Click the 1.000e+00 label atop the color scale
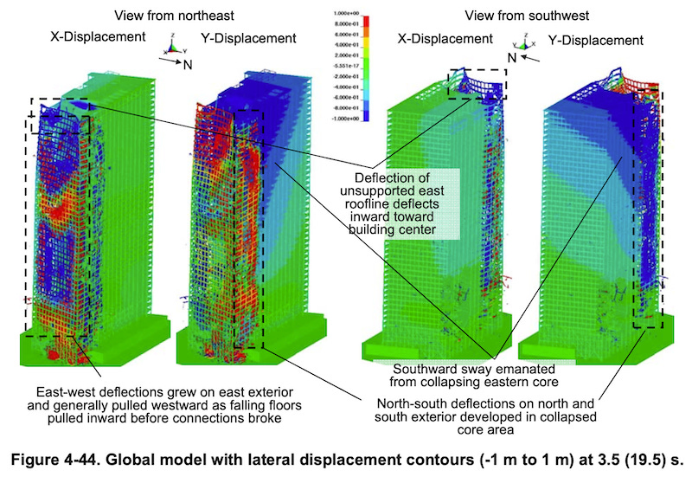[x=348, y=15]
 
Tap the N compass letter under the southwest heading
[x=513, y=57]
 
